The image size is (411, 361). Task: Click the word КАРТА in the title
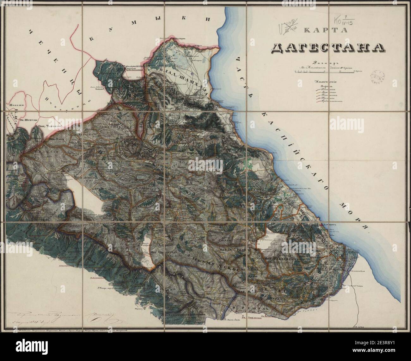pos(325,30)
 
